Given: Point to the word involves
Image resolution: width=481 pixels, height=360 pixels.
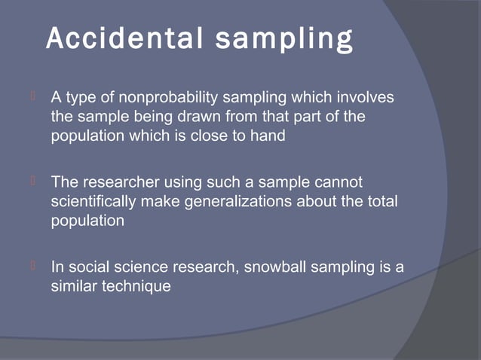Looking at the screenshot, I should click(366, 99).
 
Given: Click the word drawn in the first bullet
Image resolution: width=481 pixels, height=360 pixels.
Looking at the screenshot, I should click(193, 118).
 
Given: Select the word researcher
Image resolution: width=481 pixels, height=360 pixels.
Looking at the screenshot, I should click(118, 183).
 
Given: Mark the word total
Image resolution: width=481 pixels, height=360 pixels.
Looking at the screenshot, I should click(381, 203).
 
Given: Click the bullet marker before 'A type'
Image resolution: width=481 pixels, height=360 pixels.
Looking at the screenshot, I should click(33, 98).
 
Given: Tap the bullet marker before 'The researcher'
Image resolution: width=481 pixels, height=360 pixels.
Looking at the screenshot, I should click(33, 182).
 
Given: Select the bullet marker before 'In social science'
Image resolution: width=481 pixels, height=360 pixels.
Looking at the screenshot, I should click(33, 266).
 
